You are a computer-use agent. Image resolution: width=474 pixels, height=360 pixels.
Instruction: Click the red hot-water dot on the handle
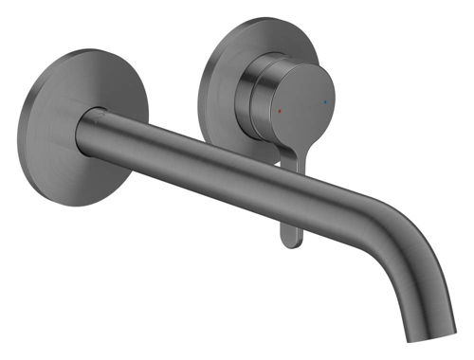[280, 110]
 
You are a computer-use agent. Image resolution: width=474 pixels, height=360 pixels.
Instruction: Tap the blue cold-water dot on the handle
[325, 100]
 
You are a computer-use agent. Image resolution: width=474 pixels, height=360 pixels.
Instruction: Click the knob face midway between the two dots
[302, 105]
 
